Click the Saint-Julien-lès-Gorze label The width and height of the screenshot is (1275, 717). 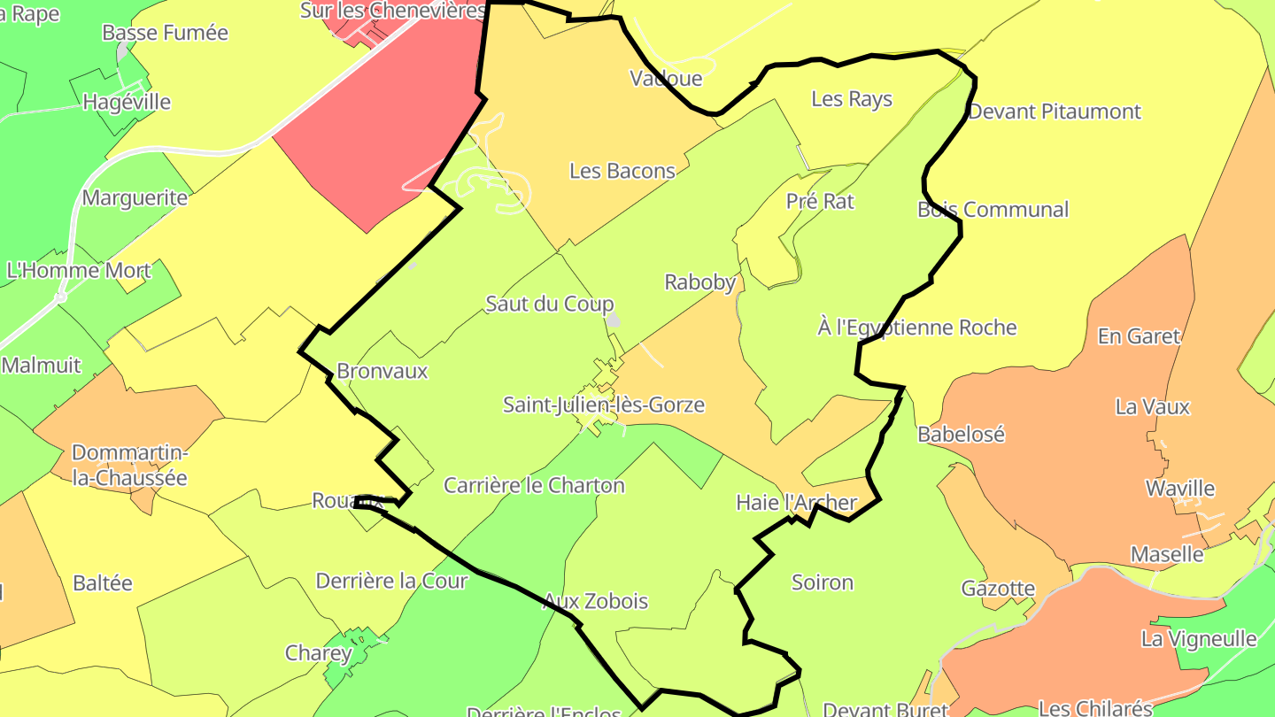(x=604, y=405)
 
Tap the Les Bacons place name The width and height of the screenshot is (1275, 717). (x=622, y=171)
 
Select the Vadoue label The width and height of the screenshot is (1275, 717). (x=666, y=78)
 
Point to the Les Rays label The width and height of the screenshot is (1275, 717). (x=852, y=99)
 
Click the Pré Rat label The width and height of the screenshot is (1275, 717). (x=820, y=202)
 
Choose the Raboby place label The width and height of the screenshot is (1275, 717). (x=700, y=282)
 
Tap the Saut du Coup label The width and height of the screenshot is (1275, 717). (x=550, y=305)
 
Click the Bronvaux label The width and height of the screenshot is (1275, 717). (x=382, y=372)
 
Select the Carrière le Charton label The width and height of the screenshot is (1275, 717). (x=534, y=486)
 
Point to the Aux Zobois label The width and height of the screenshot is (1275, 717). (x=595, y=602)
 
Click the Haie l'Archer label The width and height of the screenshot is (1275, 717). (x=797, y=504)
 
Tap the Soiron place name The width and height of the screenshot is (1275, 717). (x=823, y=582)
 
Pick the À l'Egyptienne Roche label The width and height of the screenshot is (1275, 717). (x=917, y=328)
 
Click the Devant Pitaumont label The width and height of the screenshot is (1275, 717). (x=1055, y=112)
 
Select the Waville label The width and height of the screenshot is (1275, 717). (x=1180, y=489)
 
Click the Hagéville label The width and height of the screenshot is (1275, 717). (x=127, y=102)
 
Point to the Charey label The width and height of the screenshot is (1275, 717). (x=318, y=654)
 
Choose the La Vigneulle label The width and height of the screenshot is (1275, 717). (x=1199, y=639)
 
